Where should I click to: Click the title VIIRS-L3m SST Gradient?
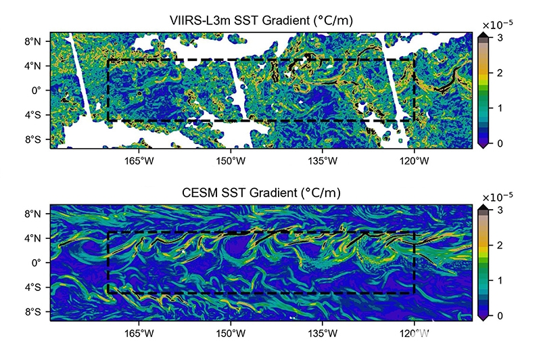[261, 21]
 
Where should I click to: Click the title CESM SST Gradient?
[261, 193]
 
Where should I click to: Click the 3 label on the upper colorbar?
[500, 37]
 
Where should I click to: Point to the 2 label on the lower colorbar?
[500, 245]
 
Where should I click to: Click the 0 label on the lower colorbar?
[500, 315]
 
